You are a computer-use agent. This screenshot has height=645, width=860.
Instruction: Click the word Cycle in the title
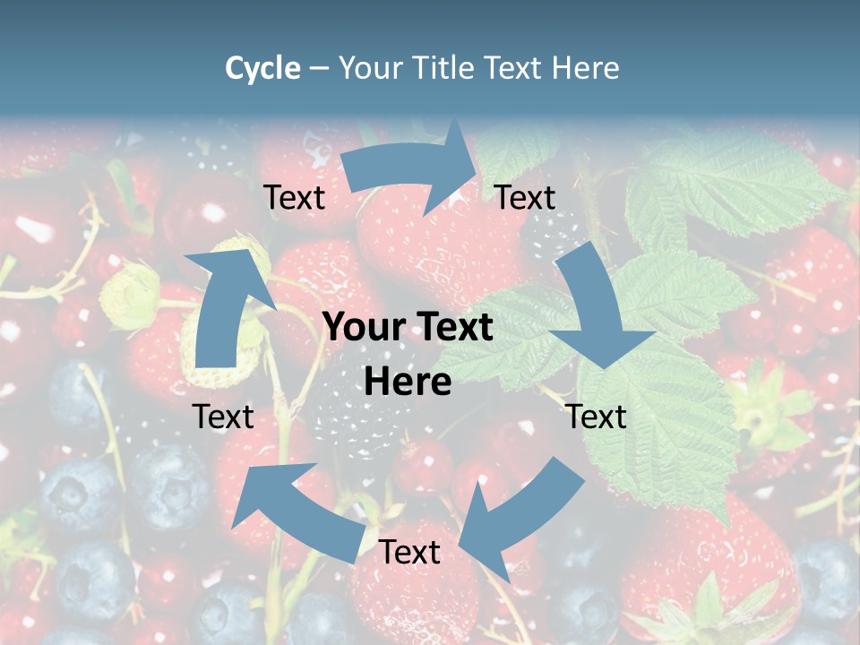[x=262, y=68]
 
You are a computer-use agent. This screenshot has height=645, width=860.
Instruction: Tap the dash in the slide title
[x=319, y=68]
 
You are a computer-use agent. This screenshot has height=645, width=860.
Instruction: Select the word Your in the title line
[x=369, y=68]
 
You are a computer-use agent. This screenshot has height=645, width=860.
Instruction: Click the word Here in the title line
[x=586, y=68]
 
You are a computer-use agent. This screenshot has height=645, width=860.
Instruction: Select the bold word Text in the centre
[x=453, y=328]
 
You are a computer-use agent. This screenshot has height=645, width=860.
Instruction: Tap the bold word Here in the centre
[x=408, y=382]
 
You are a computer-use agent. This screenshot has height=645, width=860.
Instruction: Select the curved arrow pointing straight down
[x=597, y=309]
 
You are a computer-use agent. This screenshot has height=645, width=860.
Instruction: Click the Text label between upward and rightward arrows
[x=294, y=198]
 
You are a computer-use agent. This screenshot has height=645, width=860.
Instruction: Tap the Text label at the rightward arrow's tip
[x=526, y=198]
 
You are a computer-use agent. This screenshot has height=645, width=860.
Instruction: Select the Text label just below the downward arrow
[x=597, y=417]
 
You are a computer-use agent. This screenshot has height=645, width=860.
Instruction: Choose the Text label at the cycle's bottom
[x=409, y=553]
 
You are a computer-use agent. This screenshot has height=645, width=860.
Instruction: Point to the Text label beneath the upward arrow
[x=223, y=417]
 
